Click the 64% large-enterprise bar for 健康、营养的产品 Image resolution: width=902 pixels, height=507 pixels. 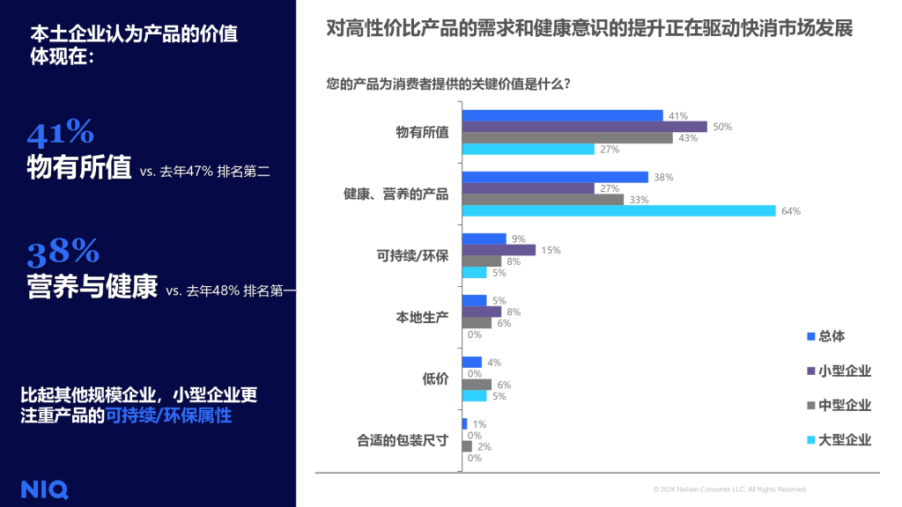click(x=618, y=210)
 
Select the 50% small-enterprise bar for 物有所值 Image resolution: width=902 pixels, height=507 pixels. click(x=585, y=127)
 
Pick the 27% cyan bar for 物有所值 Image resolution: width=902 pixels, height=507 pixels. click(x=529, y=149)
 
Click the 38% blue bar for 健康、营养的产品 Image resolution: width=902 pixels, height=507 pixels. click(x=556, y=177)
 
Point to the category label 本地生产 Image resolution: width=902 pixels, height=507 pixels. click(x=422, y=318)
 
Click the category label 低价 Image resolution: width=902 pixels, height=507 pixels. click(x=436, y=379)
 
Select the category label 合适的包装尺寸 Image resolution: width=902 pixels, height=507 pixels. click(x=403, y=441)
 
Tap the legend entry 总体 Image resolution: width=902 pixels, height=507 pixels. click(x=832, y=336)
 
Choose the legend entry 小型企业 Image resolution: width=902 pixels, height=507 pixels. click(x=844, y=371)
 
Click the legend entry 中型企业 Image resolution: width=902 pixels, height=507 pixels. click(x=844, y=405)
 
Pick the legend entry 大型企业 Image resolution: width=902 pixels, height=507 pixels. click(x=844, y=439)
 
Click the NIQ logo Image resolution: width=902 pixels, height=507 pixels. click(x=44, y=490)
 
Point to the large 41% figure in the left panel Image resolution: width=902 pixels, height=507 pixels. click(x=60, y=133)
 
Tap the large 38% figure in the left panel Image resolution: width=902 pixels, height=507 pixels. click(x=63, y=253)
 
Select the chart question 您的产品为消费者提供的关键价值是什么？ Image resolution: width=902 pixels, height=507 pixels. click(x=447, y=84)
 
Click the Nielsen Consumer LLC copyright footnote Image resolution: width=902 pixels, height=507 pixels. click(x=729, y=489)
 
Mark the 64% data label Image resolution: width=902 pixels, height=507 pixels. click(x=791, y=211)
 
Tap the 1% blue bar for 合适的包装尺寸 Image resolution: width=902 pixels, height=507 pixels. click(x=464, y=423)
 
